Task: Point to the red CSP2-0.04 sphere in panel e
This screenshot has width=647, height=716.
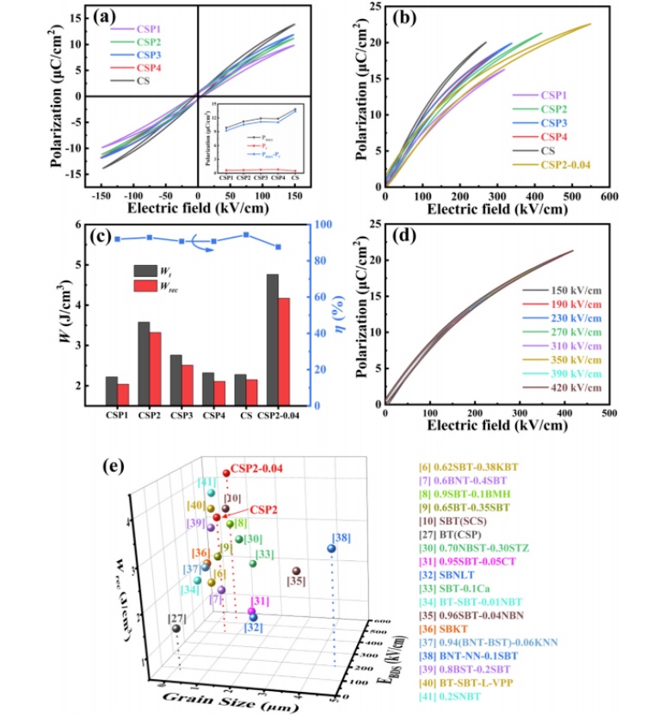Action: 225,473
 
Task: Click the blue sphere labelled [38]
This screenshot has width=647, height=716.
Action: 331,548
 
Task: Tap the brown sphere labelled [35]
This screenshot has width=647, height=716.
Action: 296,571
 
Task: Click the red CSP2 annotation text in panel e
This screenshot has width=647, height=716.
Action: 262,509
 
